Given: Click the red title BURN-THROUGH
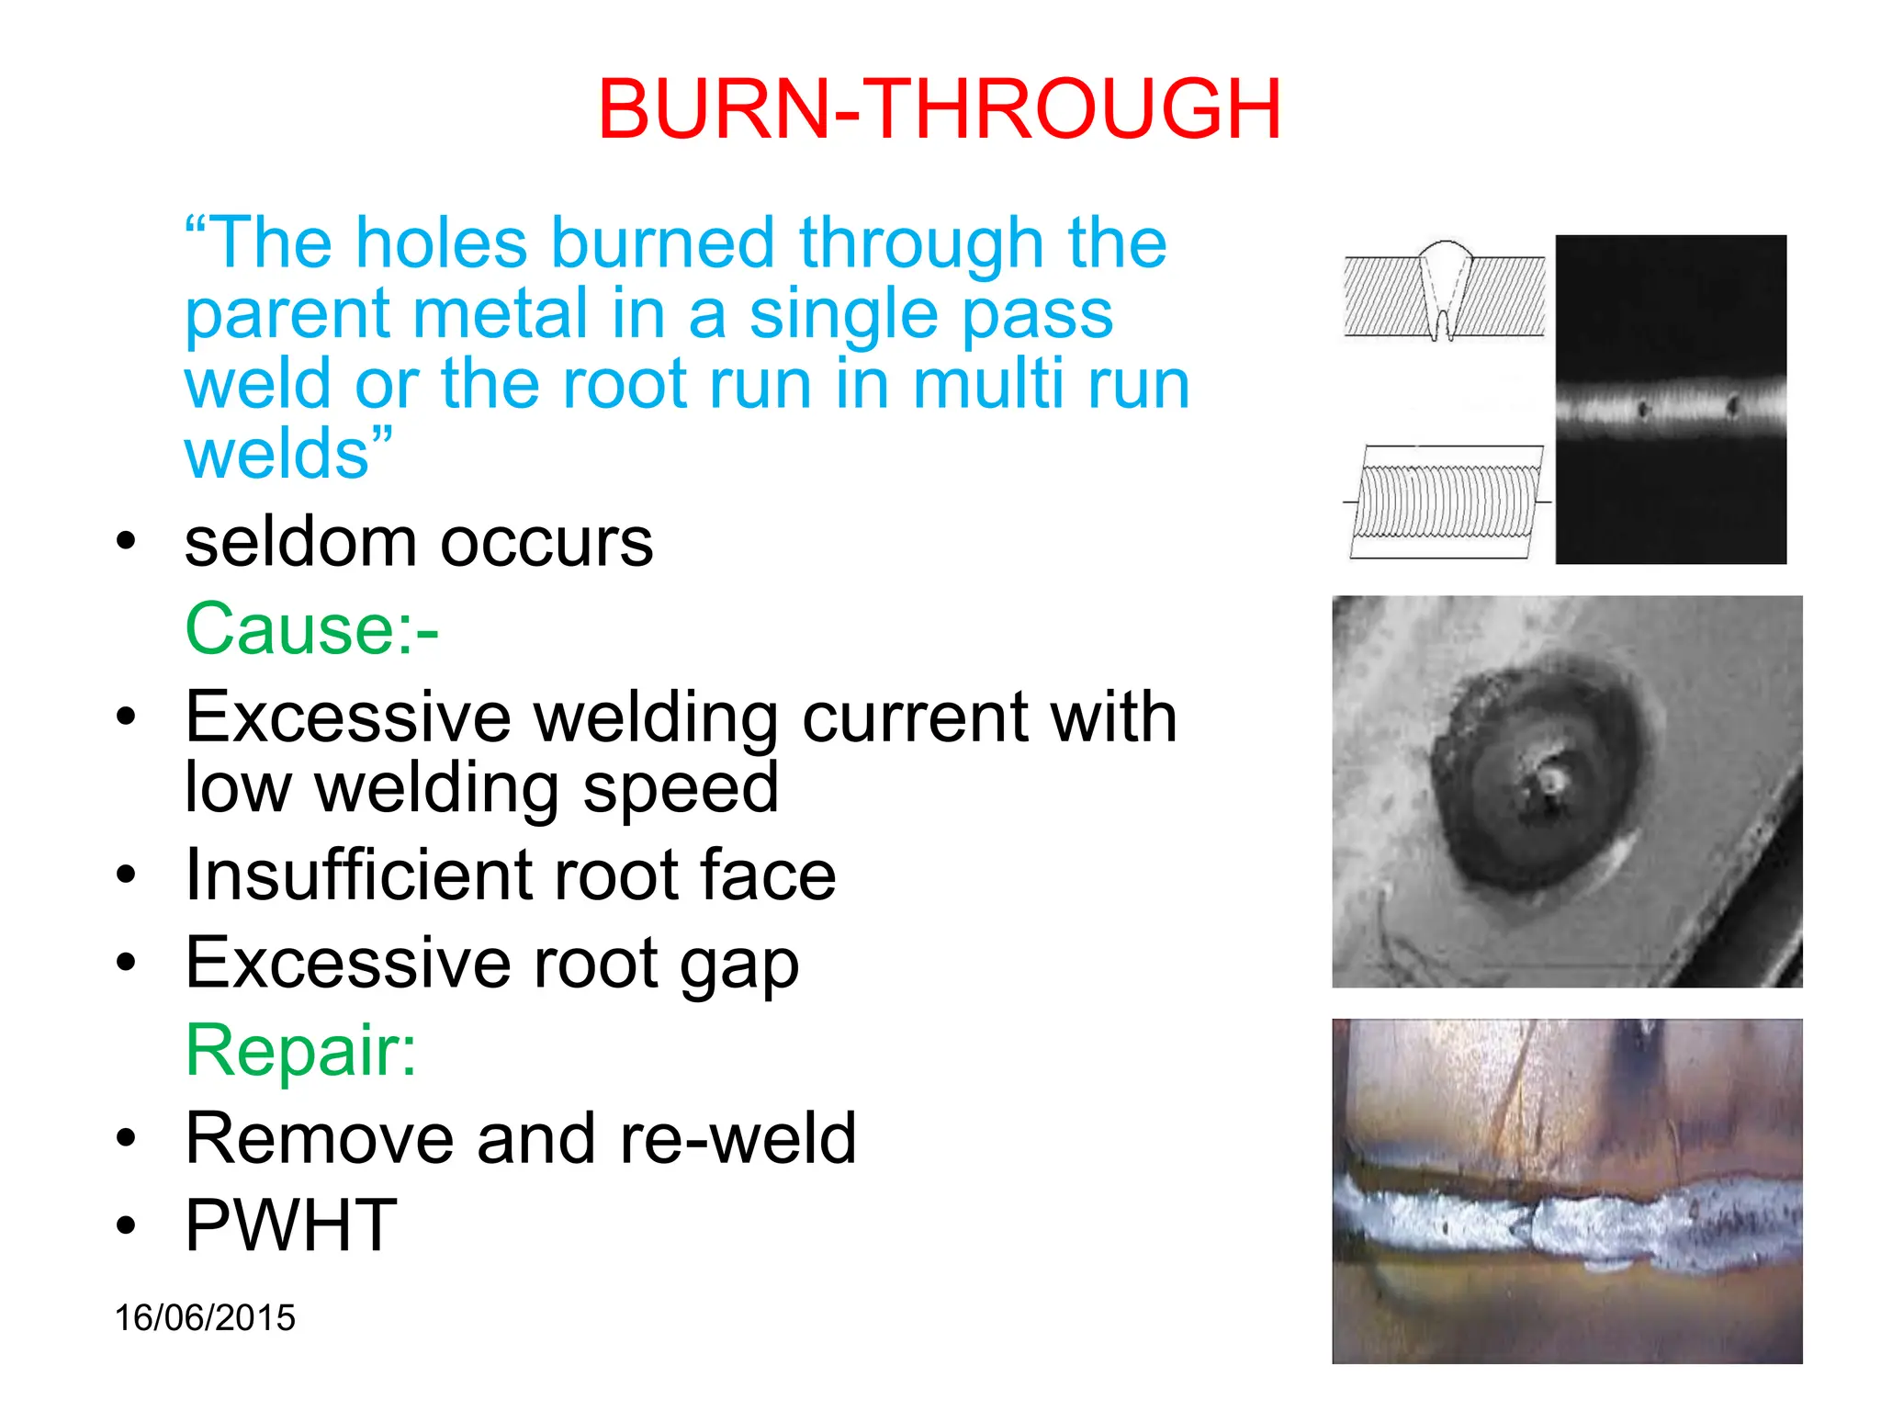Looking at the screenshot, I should point(939,109).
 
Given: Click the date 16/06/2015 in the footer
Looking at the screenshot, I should point(205,1317).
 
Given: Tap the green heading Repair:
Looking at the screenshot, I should point(301,1050).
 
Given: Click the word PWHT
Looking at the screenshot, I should point(291,1225).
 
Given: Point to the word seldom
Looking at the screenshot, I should point(300,542).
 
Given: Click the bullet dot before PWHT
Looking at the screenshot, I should point(126,1225).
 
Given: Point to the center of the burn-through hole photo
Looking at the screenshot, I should point(1551,781).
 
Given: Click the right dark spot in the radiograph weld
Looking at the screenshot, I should point(1733,405).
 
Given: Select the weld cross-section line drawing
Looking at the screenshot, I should point(1445,292).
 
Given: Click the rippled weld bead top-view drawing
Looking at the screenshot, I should point(1446,502).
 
